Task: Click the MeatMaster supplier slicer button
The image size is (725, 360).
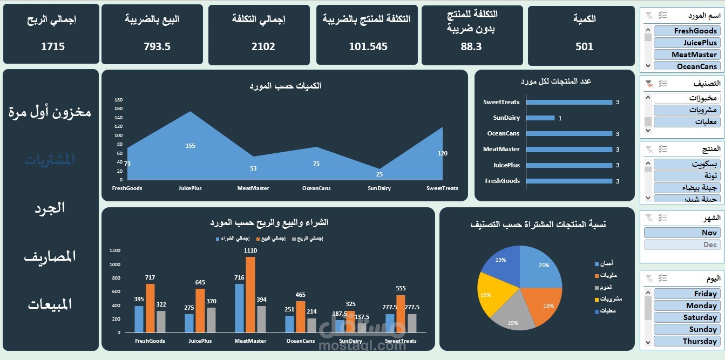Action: (x=686, y=55)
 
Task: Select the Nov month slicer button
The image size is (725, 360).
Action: (x=681, y=233)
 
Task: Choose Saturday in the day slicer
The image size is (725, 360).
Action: (x=686, y=317)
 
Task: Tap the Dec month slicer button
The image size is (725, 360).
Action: (x=681, y=244)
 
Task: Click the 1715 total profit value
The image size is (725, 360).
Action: (x=52, y=46)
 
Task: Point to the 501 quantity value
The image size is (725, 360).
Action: (x=584, y=46)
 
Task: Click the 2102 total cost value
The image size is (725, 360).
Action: (x=263, y=46)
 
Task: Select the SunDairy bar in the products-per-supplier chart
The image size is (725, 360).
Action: (x=540, y=118)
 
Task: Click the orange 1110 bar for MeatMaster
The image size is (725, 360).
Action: (x=250, y=294)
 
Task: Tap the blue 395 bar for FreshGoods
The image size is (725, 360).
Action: (x=139, y=319)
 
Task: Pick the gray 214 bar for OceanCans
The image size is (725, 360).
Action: (x=311, y=325)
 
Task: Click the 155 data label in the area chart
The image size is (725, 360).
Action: (x=190, y=146)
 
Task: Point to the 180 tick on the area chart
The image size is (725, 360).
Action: (x=119, y=100)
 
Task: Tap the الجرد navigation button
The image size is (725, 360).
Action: (x=50, y=208)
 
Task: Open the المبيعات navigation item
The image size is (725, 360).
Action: (x=50, y=304)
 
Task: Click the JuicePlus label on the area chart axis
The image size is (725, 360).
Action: (x=190, y=188)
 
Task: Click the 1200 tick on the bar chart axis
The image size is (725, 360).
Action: (x=114, y=250)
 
